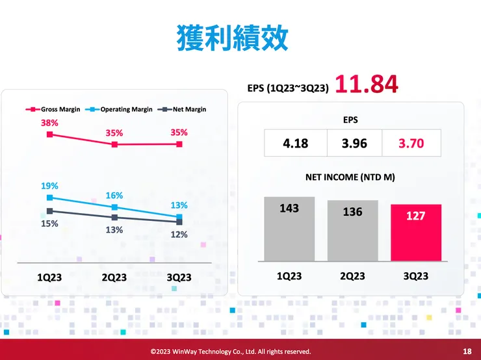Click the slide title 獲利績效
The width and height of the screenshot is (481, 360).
click(232, 38)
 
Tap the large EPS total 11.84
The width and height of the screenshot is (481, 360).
click(366, 84)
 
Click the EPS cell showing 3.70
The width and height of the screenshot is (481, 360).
click(411, 142)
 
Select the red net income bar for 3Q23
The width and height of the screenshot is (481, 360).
click(415, 233)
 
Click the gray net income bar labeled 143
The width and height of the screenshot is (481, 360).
click(289, 229)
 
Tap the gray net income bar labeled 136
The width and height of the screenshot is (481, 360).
click(352, 231)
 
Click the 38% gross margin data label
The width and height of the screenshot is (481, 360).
click(49, 122)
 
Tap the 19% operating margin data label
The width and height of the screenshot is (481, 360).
click(49, 185)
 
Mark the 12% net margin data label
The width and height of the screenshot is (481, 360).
click(179, 234)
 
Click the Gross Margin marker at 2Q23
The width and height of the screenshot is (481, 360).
click(114, 144)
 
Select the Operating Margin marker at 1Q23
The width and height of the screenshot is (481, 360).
click(49, 198)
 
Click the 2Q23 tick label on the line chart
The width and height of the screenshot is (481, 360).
click(114, 277)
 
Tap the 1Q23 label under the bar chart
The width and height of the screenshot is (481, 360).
click(289, 276)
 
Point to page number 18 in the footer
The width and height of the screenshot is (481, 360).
click(467, 351)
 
